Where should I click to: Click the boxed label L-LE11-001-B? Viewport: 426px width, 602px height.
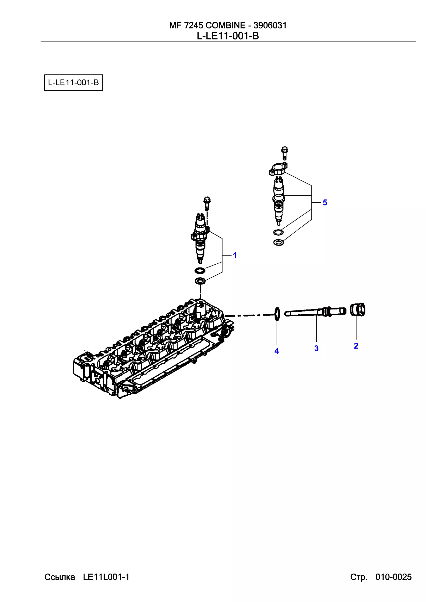coord(73,83)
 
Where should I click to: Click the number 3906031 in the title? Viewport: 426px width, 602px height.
coord(270,25)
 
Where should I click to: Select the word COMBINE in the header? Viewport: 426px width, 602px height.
coord(225,25)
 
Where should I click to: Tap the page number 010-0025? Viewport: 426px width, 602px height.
coord(393,577)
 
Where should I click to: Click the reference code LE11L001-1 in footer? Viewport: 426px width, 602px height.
coord(106,577)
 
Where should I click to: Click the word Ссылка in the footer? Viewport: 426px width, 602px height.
coord(60,577)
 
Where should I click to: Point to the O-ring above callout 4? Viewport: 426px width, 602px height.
coord(277,314)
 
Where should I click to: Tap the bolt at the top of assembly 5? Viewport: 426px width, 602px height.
coord(284,153)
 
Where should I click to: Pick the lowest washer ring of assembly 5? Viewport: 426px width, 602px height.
coord(278,243)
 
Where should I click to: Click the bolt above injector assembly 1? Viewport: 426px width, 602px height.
coord(207,203)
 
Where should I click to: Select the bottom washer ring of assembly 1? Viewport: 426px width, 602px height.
coord(200,281)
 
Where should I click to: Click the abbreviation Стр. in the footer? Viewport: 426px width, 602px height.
coord(359,577)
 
